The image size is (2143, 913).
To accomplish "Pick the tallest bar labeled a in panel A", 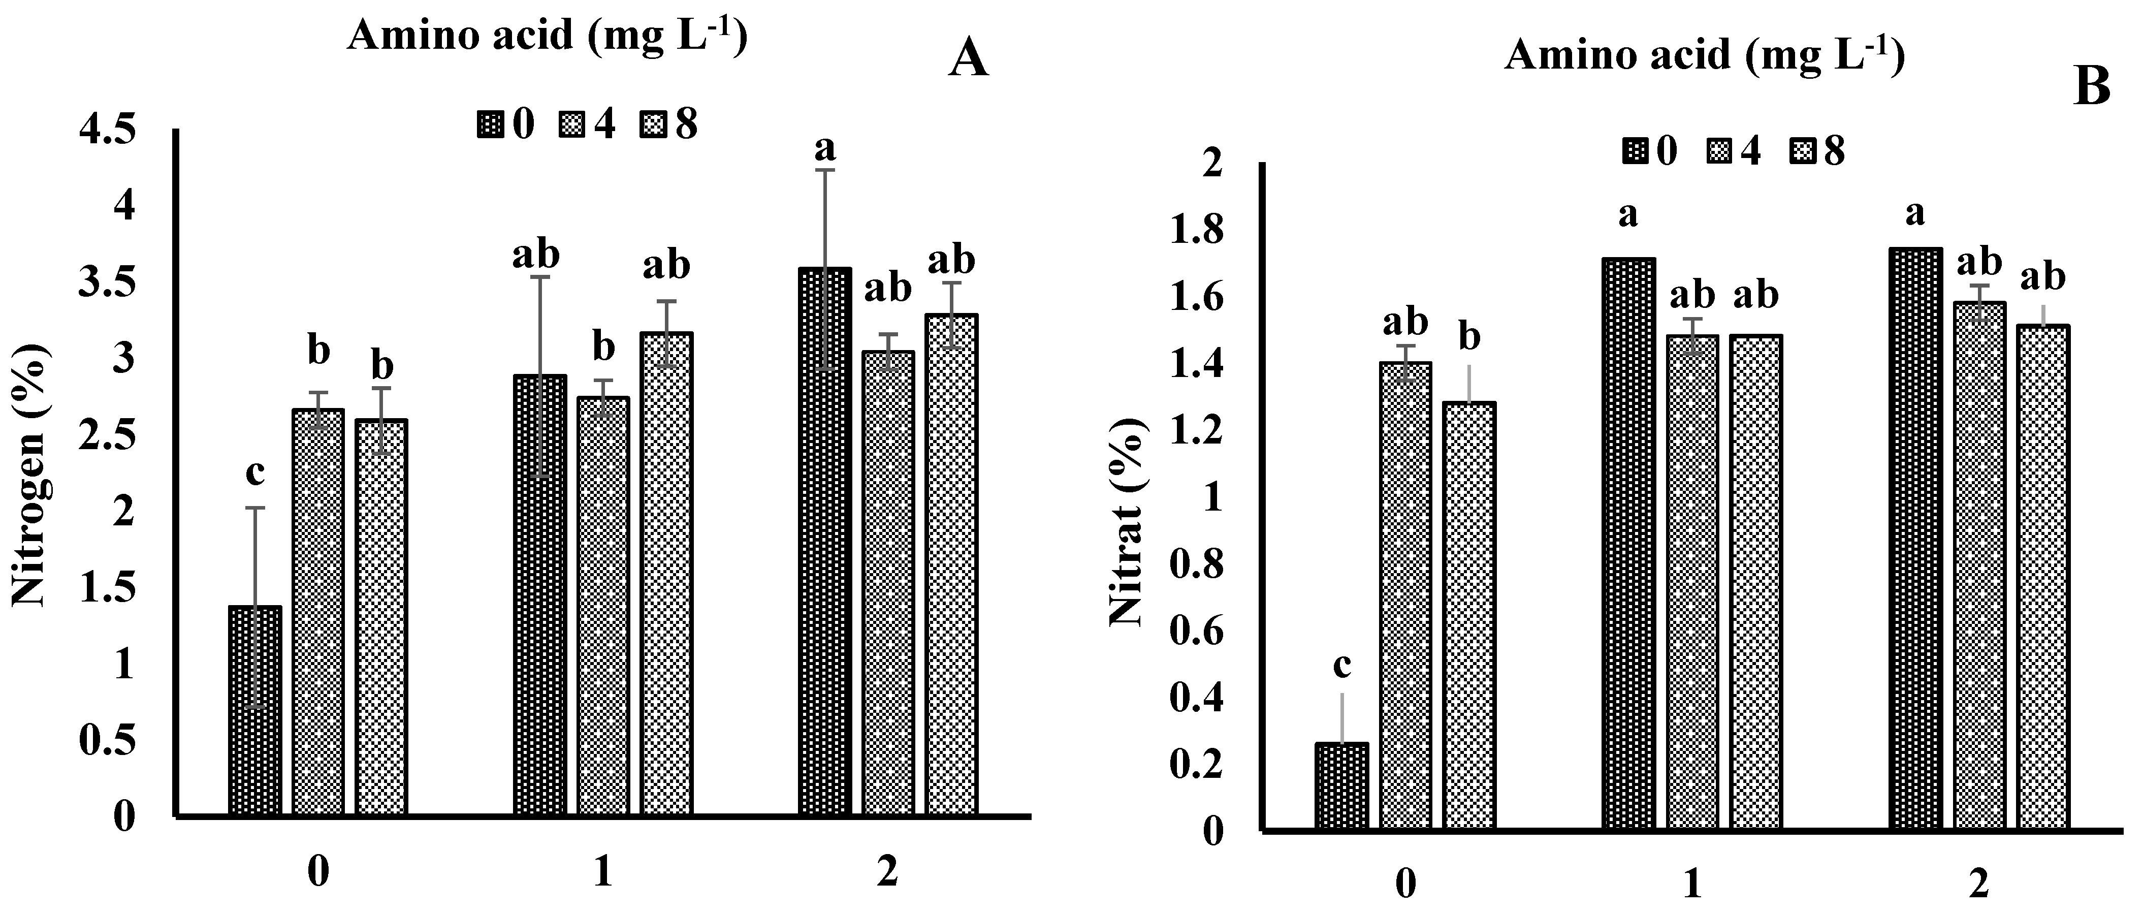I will point(824,541).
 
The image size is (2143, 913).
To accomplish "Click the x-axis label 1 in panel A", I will point(603,873).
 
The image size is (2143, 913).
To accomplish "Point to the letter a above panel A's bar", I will point(824,148).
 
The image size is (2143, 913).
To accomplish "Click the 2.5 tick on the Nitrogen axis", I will point(106,435).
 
